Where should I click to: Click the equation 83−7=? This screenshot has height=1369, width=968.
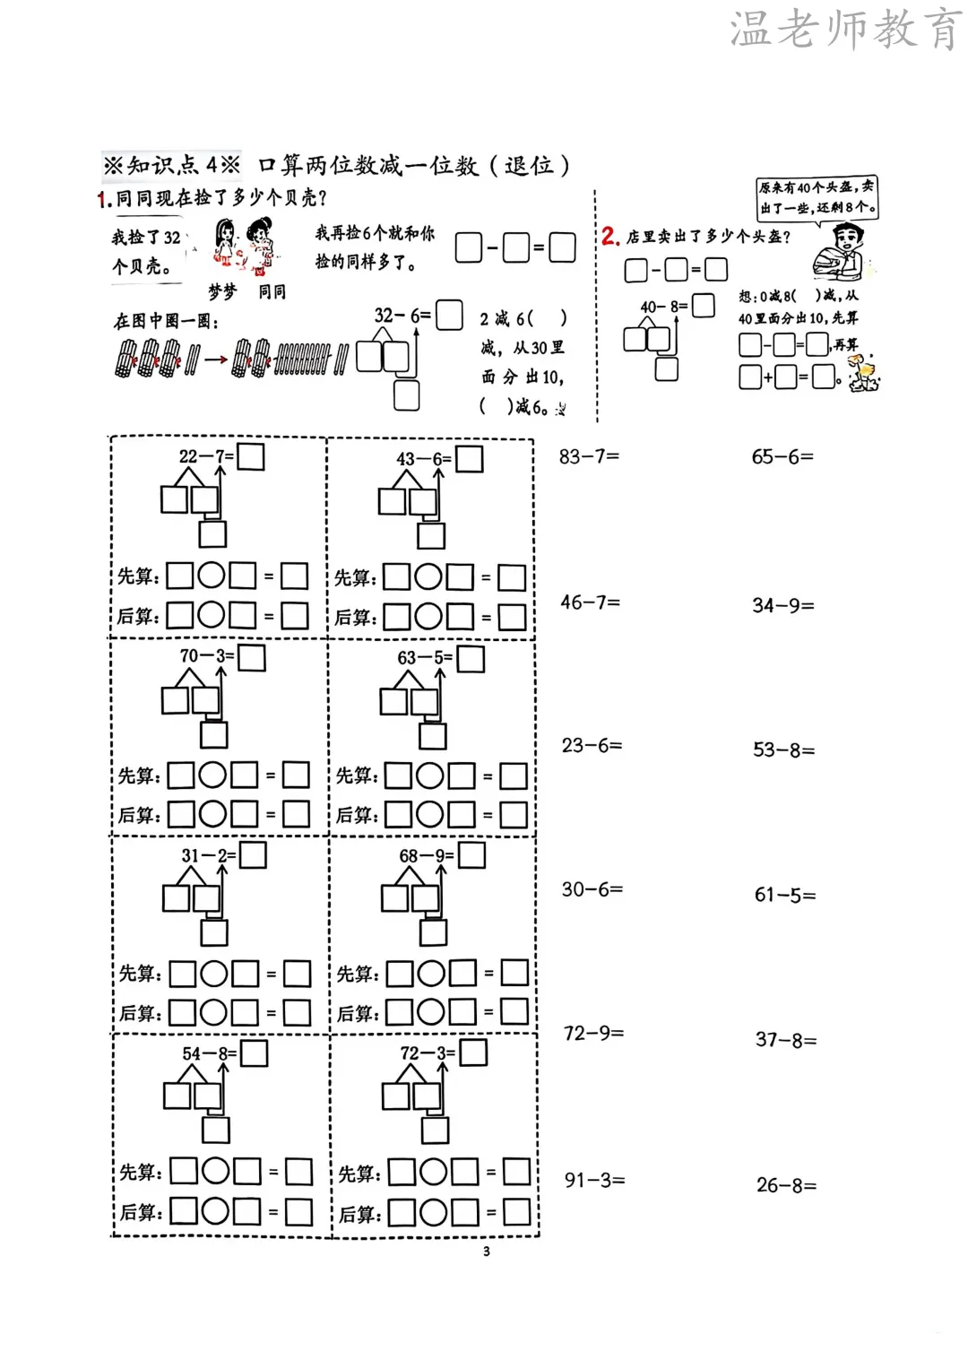pos(589,456)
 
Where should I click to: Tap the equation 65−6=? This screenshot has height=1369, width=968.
pos(782,457)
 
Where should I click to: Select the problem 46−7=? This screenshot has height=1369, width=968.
pos(590,602)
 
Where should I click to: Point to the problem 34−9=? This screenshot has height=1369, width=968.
pos(783,606)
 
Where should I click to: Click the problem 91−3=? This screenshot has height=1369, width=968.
pos(594,1180)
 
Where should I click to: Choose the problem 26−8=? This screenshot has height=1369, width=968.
pos(786,1185)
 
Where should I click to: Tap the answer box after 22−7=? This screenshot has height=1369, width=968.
pos(251,456)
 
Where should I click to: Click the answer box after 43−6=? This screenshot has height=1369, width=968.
pos(470,459)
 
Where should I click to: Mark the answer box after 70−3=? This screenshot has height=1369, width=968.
pos(252,657)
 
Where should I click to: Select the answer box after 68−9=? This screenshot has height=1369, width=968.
pos(471,855)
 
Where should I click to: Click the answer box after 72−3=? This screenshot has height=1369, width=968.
pos(473,1053)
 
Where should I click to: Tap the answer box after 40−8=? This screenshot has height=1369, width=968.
pos(704,306)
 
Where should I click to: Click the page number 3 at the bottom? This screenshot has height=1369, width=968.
pos(487,1252)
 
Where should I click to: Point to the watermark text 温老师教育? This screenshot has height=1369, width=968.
pos(845,30)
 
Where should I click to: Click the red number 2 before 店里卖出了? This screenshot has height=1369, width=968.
pos(610,237)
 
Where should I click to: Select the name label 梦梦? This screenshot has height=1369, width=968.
pos(222,291)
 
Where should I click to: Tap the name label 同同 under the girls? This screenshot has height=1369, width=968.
pos(272,291)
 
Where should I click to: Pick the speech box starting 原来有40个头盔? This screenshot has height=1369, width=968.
pos(817,197)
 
